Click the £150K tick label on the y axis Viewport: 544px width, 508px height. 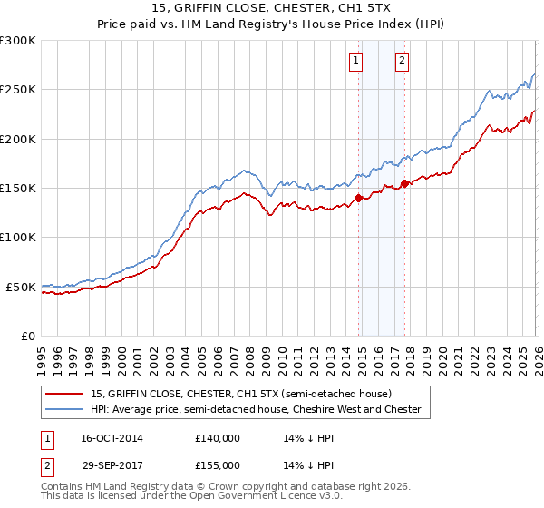(x=18, y=189)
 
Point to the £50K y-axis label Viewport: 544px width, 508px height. (x=21, y=287)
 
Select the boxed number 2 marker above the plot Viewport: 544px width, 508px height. (x=401, y=62)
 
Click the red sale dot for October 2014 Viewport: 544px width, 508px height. (x=358, y=198)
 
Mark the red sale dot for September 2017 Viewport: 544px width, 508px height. (x=405, y=183)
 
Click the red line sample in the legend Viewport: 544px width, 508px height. (x=64, y=394)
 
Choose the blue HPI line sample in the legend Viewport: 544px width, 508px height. (x=64, y=409)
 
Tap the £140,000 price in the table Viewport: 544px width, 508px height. (x=218, y=437)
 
